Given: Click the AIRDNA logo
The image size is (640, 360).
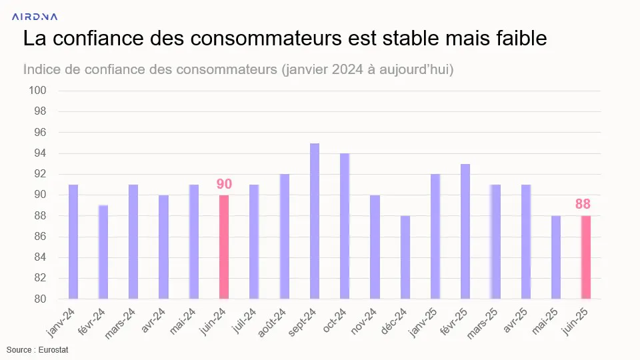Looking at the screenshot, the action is click(x=35, y=17).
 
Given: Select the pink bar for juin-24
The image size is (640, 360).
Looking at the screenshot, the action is click(x=224, y=247).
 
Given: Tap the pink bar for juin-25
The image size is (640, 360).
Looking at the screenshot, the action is click(x=586, y=257).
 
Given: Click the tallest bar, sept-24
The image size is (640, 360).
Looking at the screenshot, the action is click(x=315, y=221).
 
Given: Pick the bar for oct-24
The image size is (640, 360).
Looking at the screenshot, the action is click(x=345, y=226).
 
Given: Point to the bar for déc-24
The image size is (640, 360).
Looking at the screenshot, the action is click(x=405, y=257).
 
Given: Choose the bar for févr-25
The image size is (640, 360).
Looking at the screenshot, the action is click(x=465, y=231).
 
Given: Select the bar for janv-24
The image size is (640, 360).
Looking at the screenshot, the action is click(x=73, y=241).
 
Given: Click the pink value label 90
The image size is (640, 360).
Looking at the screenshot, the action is click(x=224, y=184).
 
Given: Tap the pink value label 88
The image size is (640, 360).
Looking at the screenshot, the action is click(x=583, y=204).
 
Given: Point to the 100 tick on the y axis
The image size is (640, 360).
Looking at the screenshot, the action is click(x=37, y=90).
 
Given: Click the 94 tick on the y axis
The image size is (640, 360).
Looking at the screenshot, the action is click(x=40, y=153).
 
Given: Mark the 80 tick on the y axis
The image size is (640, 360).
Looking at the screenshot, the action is click(x=40, y=299).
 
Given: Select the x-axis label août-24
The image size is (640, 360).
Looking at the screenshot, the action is click(x=272, y=323).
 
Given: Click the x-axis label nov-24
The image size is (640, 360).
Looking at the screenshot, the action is click(x=364, y=321).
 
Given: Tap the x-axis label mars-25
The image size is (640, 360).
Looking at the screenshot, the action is click(x=482, y=323).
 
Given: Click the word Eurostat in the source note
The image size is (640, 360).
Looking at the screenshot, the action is click(x=53, y=350).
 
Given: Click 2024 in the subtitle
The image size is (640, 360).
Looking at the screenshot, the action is click(x=347, y=69).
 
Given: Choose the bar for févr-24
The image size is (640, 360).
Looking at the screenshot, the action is click(x=103, y=252).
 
